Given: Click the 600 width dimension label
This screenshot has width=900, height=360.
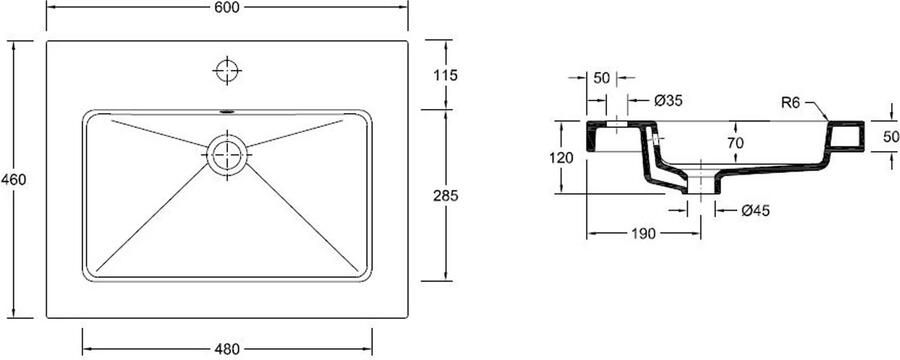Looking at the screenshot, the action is pyautogui.click(x=228, y=7).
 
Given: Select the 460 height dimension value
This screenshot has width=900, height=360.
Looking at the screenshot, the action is pyautogui.click(x=14, y=180).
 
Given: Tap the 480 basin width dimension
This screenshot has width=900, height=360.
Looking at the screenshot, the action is pyautogui.click(x=228, y=349).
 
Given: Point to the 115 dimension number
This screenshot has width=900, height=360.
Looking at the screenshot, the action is pyautogui.click(x=446, y=75).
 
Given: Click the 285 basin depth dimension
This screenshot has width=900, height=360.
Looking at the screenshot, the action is pyautogui.click(x=446, y=196).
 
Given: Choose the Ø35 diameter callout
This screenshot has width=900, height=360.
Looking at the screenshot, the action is pyautogui.click(x=668, y=101).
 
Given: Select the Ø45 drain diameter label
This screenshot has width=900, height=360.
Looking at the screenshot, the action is pyautogui.click(x=755, y=211).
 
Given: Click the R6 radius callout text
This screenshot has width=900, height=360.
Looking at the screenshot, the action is pyautogui.click(x=790, y=103).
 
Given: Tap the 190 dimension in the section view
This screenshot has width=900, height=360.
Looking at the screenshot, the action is pyautogui.click(x=644, y=234).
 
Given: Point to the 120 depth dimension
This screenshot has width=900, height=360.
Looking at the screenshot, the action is pyautogui.click(x=561, y=158).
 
